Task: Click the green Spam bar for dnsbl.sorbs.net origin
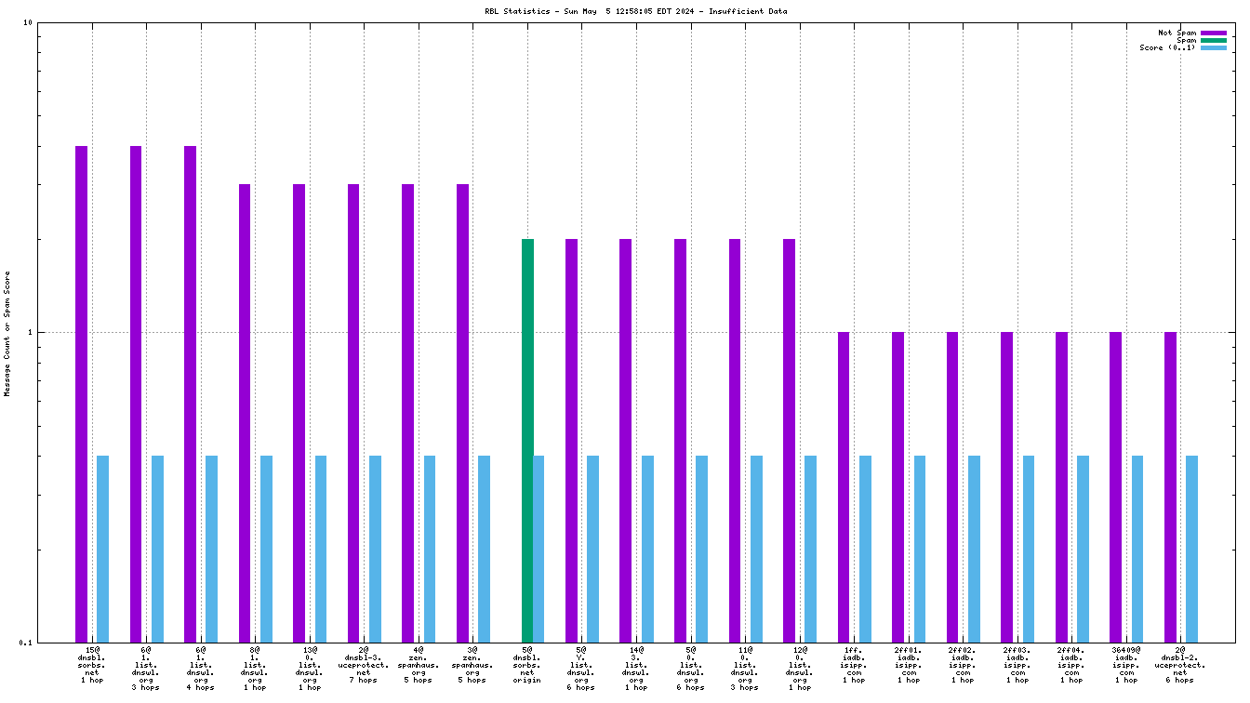(527, 440)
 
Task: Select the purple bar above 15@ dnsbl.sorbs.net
(82, 393)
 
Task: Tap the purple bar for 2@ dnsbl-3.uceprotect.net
(353, 412)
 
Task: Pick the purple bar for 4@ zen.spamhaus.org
(407, 412)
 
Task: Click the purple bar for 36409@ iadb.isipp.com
(1115, 486)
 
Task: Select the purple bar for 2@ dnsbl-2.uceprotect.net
(1170, 486)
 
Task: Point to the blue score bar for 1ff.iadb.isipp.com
(865, 549)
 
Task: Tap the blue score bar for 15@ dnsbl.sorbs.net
(103, 549)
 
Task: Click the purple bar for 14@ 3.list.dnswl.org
(626, 440)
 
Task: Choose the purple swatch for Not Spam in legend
(1214, 33)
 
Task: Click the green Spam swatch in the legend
(1214, 40)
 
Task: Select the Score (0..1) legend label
(1167, 47)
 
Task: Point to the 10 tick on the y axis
(28, 22)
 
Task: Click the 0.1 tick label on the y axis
(26, 643)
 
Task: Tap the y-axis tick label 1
(30, 332)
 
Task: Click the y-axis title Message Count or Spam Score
(7, 334)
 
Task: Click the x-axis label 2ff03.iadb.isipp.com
(1017, 665)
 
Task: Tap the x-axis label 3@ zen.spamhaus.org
(472, 665)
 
